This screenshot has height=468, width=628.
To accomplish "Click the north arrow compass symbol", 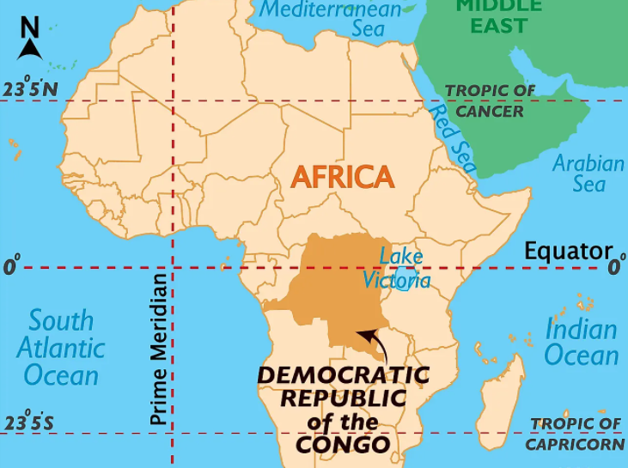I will (x=30, y=40).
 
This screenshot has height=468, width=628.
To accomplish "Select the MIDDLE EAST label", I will (x=498, y=15).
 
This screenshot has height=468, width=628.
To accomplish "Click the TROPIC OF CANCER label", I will (x=490, y=100).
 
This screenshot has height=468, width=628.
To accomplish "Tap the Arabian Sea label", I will (x=588, y=173).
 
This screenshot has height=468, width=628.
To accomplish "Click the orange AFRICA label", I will (x=343, y=177).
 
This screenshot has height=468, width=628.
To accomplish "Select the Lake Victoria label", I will (x=396, y=269).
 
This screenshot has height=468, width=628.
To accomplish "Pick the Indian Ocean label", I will (x=582, y=342).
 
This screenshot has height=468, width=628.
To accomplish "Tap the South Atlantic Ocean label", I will (x=60, y=347).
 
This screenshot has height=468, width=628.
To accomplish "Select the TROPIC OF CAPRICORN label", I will (x=575, y=434).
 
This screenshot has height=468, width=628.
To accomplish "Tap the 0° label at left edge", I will (x=10, y=267).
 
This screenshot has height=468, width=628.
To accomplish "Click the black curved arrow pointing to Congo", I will (x=376, y=344).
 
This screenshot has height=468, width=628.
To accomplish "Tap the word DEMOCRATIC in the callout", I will (x=343, y=376).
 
